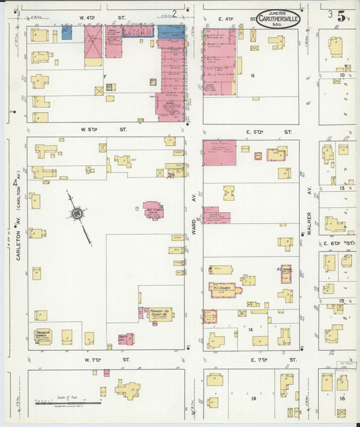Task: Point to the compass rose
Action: point(77,214)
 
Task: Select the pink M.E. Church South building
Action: point(153,210)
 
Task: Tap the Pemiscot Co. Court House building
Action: point(160,314)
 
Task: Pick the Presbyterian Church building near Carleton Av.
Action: point(43,336)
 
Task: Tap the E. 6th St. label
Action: point(338,243)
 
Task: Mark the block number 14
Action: point(250,329)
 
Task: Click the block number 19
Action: point(255,399)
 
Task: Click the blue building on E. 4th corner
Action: point(170,30)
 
